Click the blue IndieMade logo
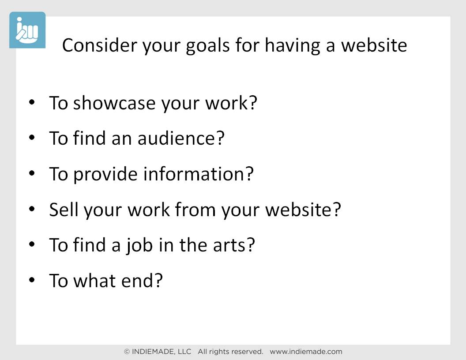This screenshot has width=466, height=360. coord(27,30)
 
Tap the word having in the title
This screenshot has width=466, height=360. coord(293,46)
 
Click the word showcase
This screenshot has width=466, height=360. coord(114,103)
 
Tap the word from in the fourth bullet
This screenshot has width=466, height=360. coord(195,209)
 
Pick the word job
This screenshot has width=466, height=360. coord(139,245)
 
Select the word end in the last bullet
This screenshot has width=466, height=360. coord(138,281)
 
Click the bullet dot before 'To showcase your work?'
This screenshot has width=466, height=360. coord(32,102)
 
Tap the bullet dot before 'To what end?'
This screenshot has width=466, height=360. coord(32,280)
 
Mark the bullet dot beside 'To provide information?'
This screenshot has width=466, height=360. coord(32,173)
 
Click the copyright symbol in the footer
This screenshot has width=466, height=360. coord(127,352)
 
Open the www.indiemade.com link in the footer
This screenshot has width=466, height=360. coord(306,352)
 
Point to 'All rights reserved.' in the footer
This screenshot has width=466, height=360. coord(230,352)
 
